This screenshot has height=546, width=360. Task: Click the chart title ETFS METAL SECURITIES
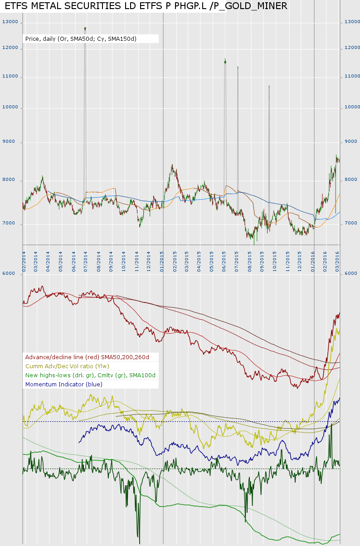[146, 6]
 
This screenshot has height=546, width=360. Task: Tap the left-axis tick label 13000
[10, 22]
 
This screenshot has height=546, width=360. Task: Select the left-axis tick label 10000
[10, 107]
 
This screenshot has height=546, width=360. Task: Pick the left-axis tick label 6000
[9, 273]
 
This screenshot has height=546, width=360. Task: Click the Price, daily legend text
[81, 39]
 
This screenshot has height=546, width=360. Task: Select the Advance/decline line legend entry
[87, 357]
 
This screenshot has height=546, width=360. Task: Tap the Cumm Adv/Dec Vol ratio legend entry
[67, 366]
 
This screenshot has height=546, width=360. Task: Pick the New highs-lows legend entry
[90, 375]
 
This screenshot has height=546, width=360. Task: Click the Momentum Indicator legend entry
[64, 384]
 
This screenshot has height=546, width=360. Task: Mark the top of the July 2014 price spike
[85, 28]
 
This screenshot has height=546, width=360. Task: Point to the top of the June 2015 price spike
[225, 59]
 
